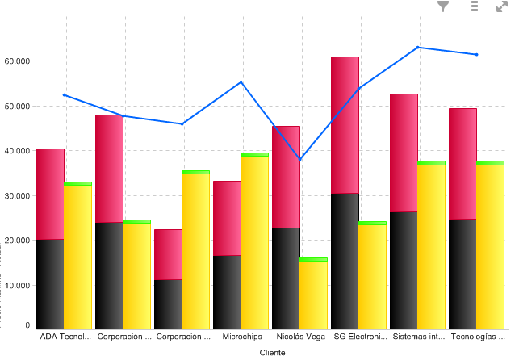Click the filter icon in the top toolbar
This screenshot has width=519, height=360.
click(x=443, y=6)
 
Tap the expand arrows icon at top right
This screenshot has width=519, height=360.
click(x=502, y=6)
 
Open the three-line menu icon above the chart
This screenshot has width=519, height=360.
click(x=475, y=6)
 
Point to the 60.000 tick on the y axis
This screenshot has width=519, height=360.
click(x=17, y=61)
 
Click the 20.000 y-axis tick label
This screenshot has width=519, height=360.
click(x=17, y=241)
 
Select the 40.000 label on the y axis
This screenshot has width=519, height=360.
click(x=17, y=151)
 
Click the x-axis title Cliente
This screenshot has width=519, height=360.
click(x=272, y=353)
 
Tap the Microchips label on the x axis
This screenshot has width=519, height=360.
click(x=241, y=336)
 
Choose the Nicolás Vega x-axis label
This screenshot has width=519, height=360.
click(x=299, y=336)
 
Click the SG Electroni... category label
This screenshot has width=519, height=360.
click(x=358, y=336)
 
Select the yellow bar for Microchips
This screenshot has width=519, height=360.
click(x=254, y=242)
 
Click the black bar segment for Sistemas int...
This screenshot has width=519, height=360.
click(x=404, y=270)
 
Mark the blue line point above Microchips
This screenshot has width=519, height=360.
click(x=241, y=82)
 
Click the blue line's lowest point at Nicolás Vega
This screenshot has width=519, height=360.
click(x=299, y=160)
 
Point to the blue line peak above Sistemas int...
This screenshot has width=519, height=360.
click(x=418, y=48)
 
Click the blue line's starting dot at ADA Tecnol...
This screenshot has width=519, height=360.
click(x=65, y=95)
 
